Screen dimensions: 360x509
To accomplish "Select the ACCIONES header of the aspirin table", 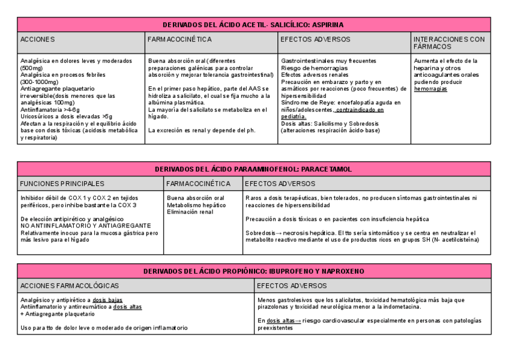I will [x=37, y=40].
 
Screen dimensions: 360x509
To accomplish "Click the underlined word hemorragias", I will [x=430, y=89].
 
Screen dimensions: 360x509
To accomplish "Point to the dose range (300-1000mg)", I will [x=37, y=82].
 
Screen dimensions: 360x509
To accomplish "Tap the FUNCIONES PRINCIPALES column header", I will [x=62, y=184].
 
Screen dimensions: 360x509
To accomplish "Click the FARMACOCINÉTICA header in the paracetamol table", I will [x=199, y=184].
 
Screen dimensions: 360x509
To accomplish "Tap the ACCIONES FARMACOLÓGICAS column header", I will [x=70, y=286].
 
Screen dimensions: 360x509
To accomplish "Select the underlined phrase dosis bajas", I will [x=107, y=300].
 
